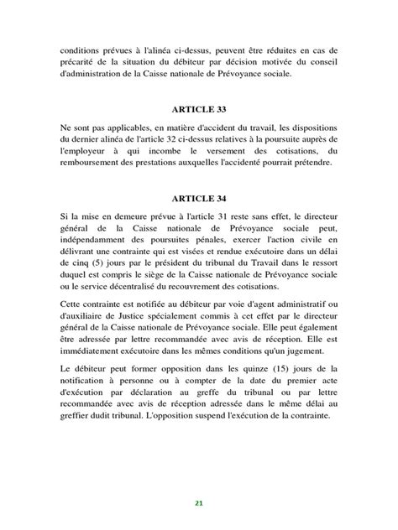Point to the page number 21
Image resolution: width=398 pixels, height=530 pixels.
[x=199, y=502]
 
